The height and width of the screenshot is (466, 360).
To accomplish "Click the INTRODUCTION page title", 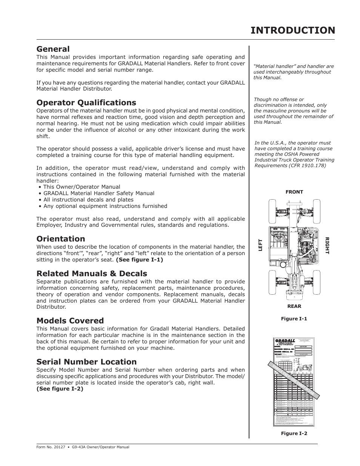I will pos(292,30).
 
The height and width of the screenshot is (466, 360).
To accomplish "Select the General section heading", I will pos(53,49).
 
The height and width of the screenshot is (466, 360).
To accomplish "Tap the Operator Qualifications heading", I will pos(86,103).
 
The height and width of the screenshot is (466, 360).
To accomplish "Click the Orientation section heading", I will pos(60,239).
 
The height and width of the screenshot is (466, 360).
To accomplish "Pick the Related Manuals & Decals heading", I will pos(92,274).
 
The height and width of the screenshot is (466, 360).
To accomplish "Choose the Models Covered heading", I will pos(70,321).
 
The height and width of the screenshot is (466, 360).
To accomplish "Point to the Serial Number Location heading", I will pos(86,362).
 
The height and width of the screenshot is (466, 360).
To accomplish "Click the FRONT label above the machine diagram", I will pos(294,192).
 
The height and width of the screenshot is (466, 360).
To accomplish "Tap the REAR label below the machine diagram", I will pos(294,306).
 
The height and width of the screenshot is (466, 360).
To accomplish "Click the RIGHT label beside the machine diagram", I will pos(327,246).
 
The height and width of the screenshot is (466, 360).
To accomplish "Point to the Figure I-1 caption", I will pos(294,319).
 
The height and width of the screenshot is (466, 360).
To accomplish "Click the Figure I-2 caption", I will pos(294,434).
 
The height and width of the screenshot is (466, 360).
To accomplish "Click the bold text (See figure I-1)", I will pos(139,260).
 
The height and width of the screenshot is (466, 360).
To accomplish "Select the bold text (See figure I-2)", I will pos(60,389).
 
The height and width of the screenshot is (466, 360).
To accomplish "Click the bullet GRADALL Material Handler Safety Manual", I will pos(98,193).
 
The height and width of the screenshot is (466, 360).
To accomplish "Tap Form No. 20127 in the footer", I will pos(49,447).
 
